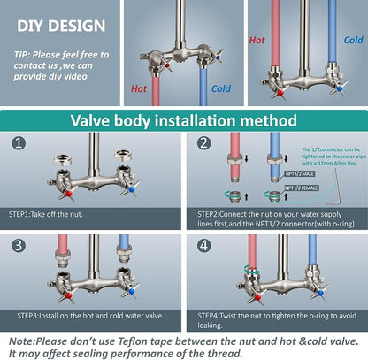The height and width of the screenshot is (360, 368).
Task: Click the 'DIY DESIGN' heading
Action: point(61,26)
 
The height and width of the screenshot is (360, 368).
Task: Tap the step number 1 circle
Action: point(19,143)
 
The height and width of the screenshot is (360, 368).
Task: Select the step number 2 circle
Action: point(204,143)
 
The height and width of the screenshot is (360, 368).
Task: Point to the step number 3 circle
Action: point(19,245)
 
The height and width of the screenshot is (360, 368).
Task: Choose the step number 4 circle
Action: point(204,245)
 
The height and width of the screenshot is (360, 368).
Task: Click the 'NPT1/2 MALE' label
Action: point(300,174)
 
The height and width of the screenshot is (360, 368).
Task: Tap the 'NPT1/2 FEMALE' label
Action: point(302,188)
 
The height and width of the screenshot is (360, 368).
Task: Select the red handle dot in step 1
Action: point(69,194)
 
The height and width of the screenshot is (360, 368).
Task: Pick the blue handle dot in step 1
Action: point(132,189)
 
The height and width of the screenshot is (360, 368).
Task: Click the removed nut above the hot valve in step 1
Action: point(63,159)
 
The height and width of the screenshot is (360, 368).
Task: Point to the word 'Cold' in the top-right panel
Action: point(353,40)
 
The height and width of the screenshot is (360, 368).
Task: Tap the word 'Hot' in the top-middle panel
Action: point(139,88)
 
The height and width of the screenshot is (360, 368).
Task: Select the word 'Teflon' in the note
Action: point(136,341)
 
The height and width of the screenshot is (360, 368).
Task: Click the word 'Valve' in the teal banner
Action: point(90,120)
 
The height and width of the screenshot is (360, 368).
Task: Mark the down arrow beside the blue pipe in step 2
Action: point(286,158)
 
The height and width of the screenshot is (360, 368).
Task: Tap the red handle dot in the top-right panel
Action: point(280,93)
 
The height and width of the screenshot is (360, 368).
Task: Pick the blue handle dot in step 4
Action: point(320,293)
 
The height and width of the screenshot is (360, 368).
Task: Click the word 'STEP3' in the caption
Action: point(27,316)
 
